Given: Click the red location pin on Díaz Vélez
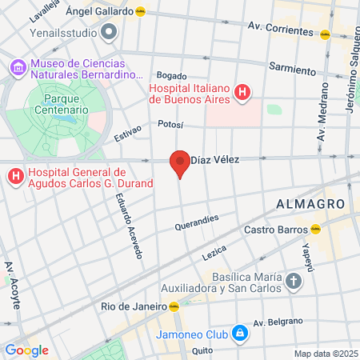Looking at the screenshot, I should point(180,164).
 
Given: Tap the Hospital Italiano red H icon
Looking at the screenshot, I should point(242,94).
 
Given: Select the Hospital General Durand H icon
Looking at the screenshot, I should point(14,177).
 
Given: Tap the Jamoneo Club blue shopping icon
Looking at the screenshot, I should point(239,332).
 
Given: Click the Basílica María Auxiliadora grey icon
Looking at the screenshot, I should point(294,281).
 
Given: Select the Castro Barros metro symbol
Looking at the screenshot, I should point(315,229).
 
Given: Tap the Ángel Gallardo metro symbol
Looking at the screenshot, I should point(141,12).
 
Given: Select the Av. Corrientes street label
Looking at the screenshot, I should point(280,30).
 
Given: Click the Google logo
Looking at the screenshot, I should point(26,350).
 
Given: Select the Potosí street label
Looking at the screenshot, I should point(170,124).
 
